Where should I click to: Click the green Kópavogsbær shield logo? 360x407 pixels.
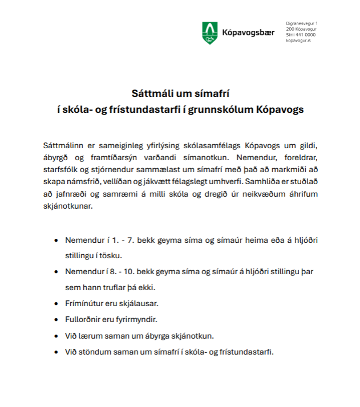209,33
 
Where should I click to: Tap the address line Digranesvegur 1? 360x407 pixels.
302,22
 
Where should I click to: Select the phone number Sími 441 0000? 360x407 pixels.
300,35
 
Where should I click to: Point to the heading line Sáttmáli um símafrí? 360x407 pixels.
180,92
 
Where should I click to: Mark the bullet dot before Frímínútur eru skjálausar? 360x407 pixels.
56,303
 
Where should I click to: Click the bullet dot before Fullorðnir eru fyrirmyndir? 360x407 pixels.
56,319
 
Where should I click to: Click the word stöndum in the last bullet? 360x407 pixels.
92,351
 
